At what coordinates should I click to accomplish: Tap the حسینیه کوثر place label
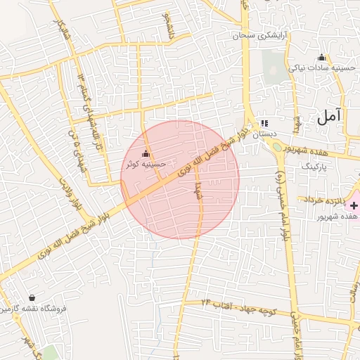click(x=146, y=164)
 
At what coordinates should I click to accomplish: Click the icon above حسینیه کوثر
click(x=146, y=153)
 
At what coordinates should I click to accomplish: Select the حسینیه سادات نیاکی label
click(x=321, y=68)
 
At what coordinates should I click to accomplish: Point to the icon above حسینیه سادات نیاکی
click(x=322, y=58)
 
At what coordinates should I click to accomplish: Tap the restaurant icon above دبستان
click(x=264, y=122)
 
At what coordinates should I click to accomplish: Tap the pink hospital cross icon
click(x=354, y=205)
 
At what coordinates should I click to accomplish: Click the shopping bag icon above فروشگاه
click(x=32, y=298)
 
